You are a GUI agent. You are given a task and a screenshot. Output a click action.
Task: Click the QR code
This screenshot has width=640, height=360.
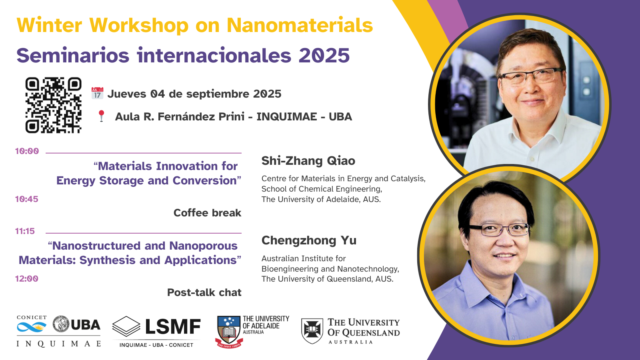point(54,105)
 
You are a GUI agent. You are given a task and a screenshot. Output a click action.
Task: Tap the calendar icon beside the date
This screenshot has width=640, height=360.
point(97,94)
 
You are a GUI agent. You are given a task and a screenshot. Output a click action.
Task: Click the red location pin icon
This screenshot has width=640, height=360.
point(101,116)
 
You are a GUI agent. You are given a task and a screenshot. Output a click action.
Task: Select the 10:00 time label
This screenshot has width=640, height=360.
point(27,151)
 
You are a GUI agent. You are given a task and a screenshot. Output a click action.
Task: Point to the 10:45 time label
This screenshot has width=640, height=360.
point(26,199)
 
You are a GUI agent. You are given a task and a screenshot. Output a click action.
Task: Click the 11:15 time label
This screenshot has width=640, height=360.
point(25,231)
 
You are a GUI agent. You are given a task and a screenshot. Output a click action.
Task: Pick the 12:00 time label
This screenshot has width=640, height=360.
point(26,278)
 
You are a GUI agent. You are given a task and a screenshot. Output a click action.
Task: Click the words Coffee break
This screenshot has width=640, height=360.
point(208,213)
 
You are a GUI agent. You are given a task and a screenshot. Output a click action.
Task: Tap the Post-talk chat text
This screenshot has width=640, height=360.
point(204,292)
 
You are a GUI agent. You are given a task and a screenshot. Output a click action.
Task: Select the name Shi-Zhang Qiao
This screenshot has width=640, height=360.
point(308,161)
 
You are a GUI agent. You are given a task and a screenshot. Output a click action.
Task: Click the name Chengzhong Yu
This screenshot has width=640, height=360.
point(309,240)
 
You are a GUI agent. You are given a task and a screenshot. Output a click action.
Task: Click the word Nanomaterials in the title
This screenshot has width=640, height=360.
point(300,25)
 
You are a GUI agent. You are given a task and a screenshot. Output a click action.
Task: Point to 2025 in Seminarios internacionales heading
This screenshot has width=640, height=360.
point(324,55)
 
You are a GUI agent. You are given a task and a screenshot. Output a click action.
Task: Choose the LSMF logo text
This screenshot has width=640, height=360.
point(173,327)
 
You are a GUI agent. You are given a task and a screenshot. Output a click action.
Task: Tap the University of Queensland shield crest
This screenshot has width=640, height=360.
point(312,331)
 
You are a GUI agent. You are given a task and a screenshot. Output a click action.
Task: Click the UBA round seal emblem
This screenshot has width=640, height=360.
point(61,324)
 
